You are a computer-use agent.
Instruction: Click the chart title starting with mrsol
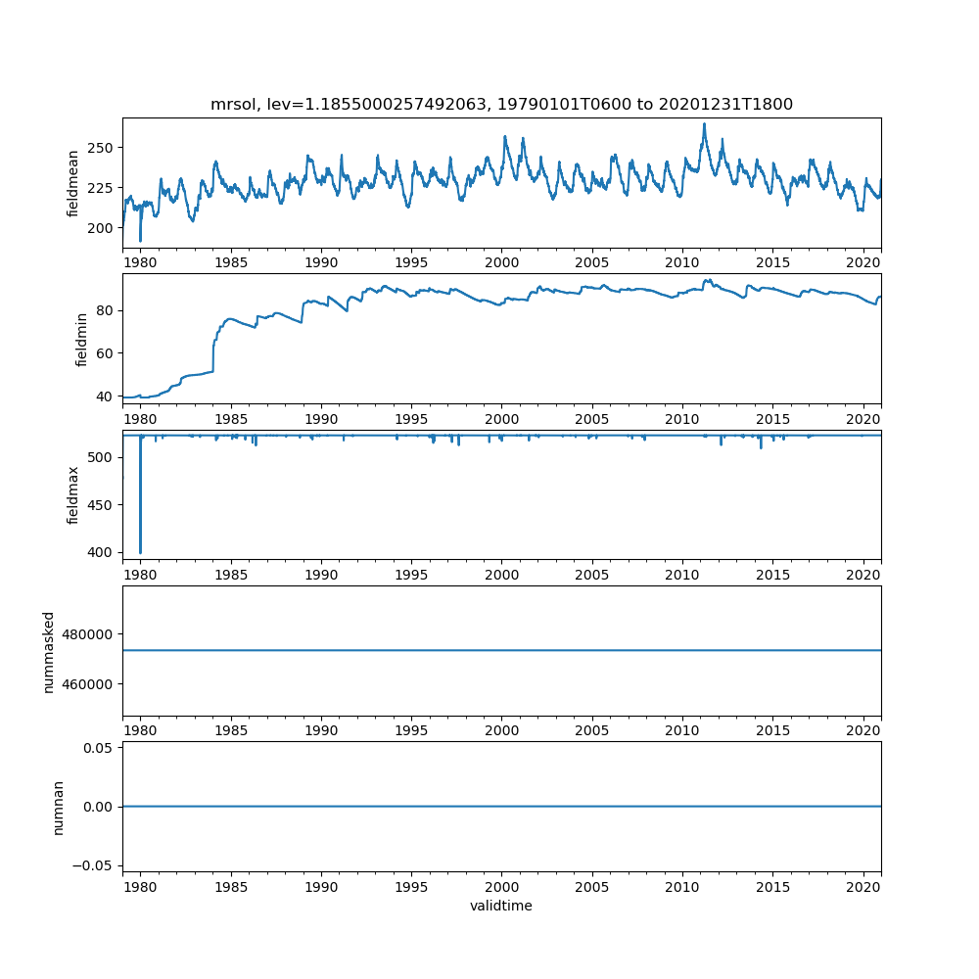(501, 104)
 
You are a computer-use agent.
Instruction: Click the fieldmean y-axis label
(73, 183)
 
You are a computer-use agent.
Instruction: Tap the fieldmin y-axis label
(81, 339)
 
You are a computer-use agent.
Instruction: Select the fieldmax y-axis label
(73, 494)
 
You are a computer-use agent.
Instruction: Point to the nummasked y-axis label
(48, 650)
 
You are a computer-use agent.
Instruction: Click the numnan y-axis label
(58, 807)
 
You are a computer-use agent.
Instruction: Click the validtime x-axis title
(501, 906)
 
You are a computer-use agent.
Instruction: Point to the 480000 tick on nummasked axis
(91, 633)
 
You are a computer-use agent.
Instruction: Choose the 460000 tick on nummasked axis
(91, 683)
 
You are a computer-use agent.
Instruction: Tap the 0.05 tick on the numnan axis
(99, 748)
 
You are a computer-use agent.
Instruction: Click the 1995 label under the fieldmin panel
(411, 418)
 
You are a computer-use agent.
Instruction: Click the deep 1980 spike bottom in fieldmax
(140, 553)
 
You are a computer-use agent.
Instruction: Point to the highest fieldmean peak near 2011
(704, 124)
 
